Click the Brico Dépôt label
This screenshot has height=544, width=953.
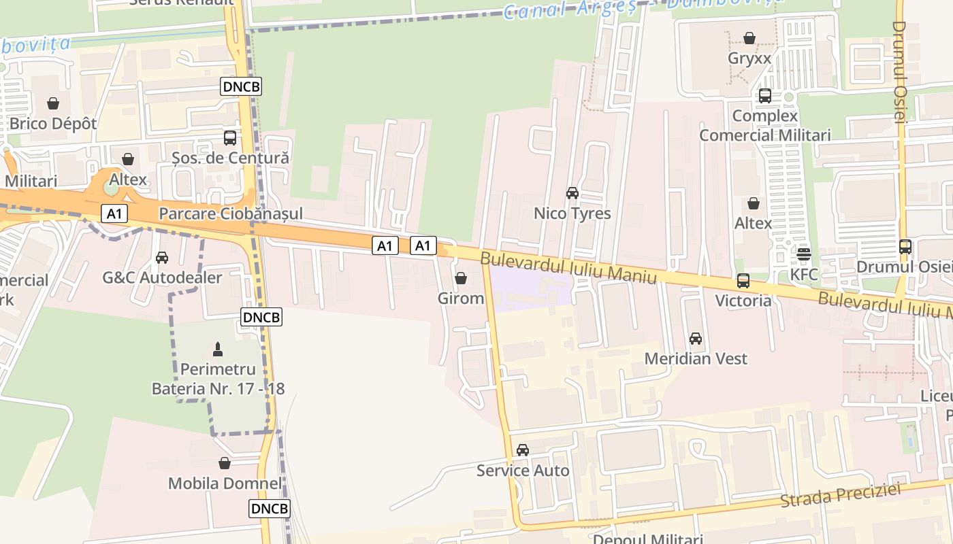(x=53, y=124)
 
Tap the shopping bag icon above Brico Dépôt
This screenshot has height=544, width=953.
(x=53, y=104)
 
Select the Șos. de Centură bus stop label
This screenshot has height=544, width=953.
(x=230, y=158)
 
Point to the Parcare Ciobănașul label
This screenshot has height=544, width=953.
(x=231, y=214)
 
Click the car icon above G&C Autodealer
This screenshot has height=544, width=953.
(x=162, y=258)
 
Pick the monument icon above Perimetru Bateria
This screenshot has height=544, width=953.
(x=218, y=350)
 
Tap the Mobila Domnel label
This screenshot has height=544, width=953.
(x=225, y=483)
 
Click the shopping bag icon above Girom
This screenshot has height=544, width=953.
(x=461, y=278)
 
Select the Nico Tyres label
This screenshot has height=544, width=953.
(x=572, y=214)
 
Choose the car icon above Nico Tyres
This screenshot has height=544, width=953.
(x=572, y=193)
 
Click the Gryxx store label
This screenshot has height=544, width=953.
(x=749, y=58)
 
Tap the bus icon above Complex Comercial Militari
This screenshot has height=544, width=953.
(x=765, y=96)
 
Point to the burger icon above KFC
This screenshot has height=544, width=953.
(x=804, y=254)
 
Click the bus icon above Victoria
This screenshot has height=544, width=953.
(x=743, y=280)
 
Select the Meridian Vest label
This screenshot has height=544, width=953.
(x=696, y=358)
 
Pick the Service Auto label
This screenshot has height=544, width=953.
(x=523, y=470)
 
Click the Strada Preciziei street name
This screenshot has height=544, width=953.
(x=840, y=494)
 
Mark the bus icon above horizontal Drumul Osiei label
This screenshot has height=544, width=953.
(x=905, y=247)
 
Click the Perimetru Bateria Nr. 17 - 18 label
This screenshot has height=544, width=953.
(x=218, y=379)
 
